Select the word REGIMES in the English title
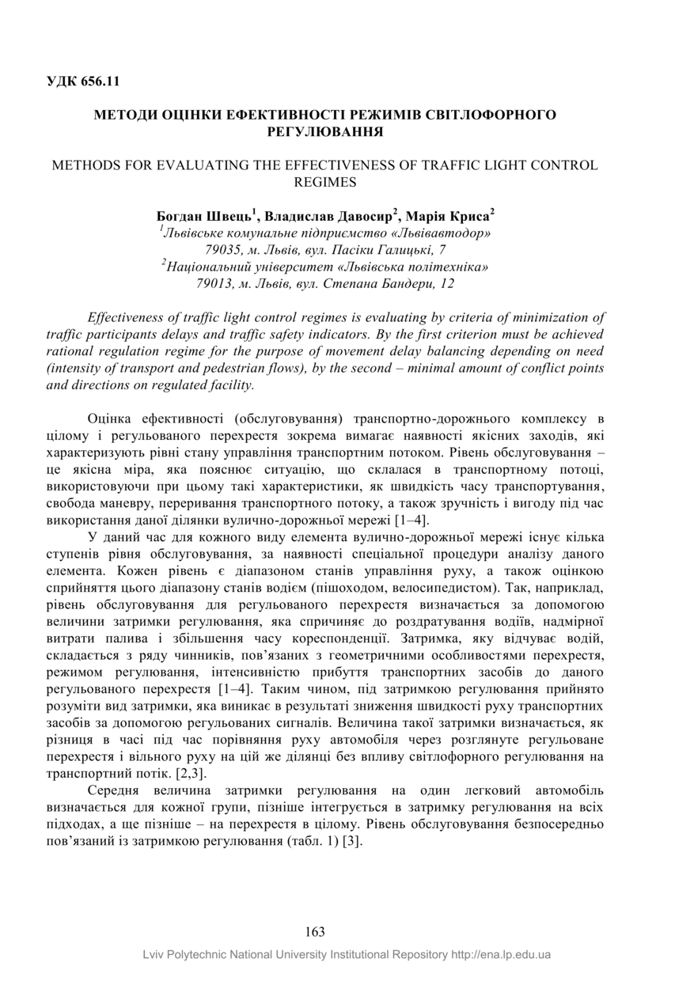click(324, 182)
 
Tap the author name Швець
click(229, 215)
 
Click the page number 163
click(314, 932)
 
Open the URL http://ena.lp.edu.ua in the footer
click(501, 955)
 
